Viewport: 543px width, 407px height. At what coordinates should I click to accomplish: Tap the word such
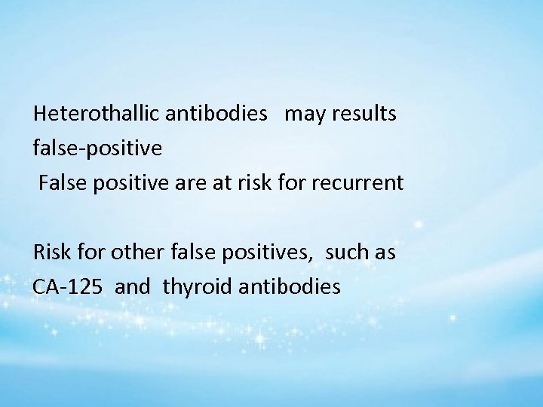tap(347, 252)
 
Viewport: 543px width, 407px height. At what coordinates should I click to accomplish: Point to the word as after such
tap(385, 252)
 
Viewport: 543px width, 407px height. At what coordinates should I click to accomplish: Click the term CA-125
tap(66, 286)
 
